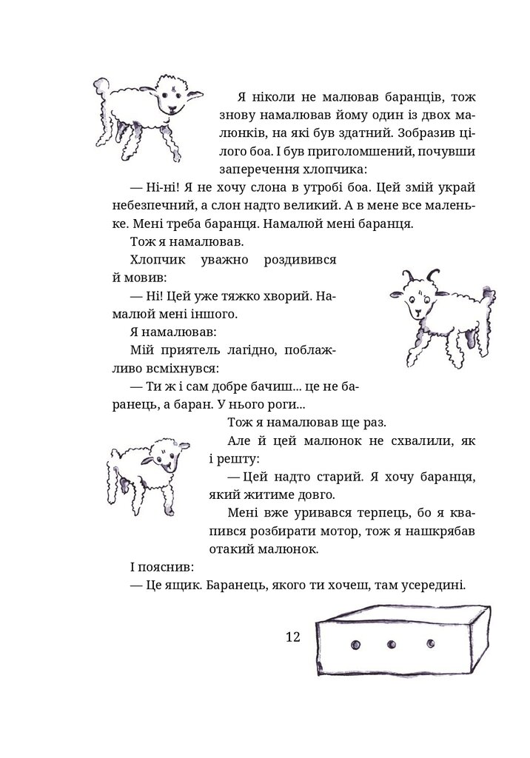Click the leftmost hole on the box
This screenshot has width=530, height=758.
point(354,641)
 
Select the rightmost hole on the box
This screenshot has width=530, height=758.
point(430,641)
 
